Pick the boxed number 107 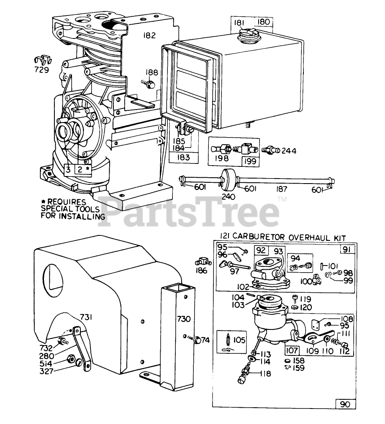coord(292,350)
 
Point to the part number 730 coord(184,319)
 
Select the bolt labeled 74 coord(195,340)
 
